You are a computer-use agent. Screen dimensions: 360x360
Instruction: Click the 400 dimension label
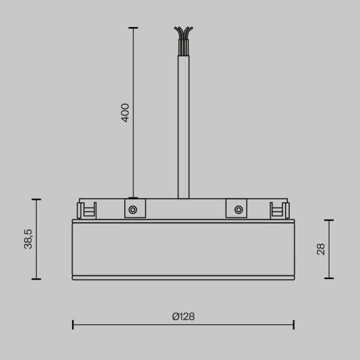(125, 112)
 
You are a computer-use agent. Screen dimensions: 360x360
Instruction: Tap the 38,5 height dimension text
(28, 239)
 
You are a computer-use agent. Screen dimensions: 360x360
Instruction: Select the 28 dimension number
(320, 249)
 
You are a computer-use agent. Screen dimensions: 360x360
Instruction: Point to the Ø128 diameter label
(183, 317)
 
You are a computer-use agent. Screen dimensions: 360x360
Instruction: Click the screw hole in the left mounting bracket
(133, 209)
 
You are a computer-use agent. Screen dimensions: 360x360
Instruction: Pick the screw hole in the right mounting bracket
(239, 209)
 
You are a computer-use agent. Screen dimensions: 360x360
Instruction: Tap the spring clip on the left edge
(86, 209)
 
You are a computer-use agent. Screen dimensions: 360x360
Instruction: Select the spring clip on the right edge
(279, 209)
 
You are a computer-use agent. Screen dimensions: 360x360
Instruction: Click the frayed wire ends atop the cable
(184, 36)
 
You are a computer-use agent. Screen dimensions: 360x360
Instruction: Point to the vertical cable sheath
(184, 126)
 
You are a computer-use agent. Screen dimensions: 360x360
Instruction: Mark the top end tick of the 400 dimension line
(133, 28)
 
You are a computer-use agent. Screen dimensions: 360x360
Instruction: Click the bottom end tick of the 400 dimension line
(133, 198)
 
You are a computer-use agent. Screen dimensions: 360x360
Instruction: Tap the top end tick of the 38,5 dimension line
(37, 199)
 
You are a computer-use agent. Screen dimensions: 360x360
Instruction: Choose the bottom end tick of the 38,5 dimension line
(37, 279)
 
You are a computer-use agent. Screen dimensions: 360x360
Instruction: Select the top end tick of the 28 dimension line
(329, 220)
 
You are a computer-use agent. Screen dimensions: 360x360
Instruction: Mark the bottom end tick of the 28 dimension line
(329, 278)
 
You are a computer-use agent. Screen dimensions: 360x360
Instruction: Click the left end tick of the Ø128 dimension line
(73, 325)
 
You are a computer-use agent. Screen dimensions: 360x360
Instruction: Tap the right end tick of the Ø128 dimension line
(293, 325)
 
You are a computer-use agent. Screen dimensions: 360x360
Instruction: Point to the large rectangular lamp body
(183, 248)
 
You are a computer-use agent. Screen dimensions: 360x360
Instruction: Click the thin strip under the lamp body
(183, 278)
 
